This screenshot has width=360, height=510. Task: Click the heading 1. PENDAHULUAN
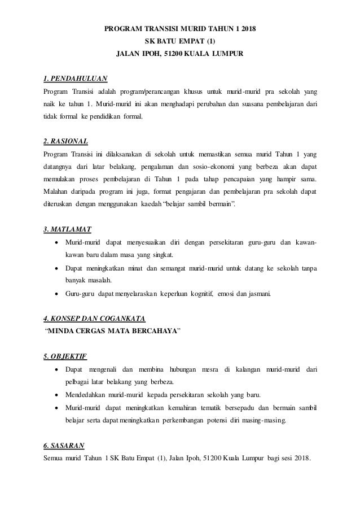point(76,77)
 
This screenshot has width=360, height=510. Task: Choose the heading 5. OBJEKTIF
point(65,356)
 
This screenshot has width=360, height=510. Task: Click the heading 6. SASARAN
point(64,445)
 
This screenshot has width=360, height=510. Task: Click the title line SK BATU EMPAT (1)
point(180,41)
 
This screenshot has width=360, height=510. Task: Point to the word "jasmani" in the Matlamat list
point(258,293)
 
